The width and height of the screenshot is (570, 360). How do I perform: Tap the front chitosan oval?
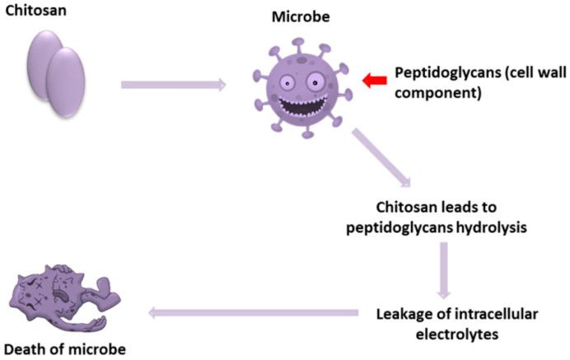click(x=66, y=82)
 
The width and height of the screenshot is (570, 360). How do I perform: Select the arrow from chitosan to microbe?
click(x=173, y=83)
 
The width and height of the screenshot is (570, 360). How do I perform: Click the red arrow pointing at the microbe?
click(x=374, y=78)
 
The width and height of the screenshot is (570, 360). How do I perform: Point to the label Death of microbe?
click(x=63, y=348)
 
